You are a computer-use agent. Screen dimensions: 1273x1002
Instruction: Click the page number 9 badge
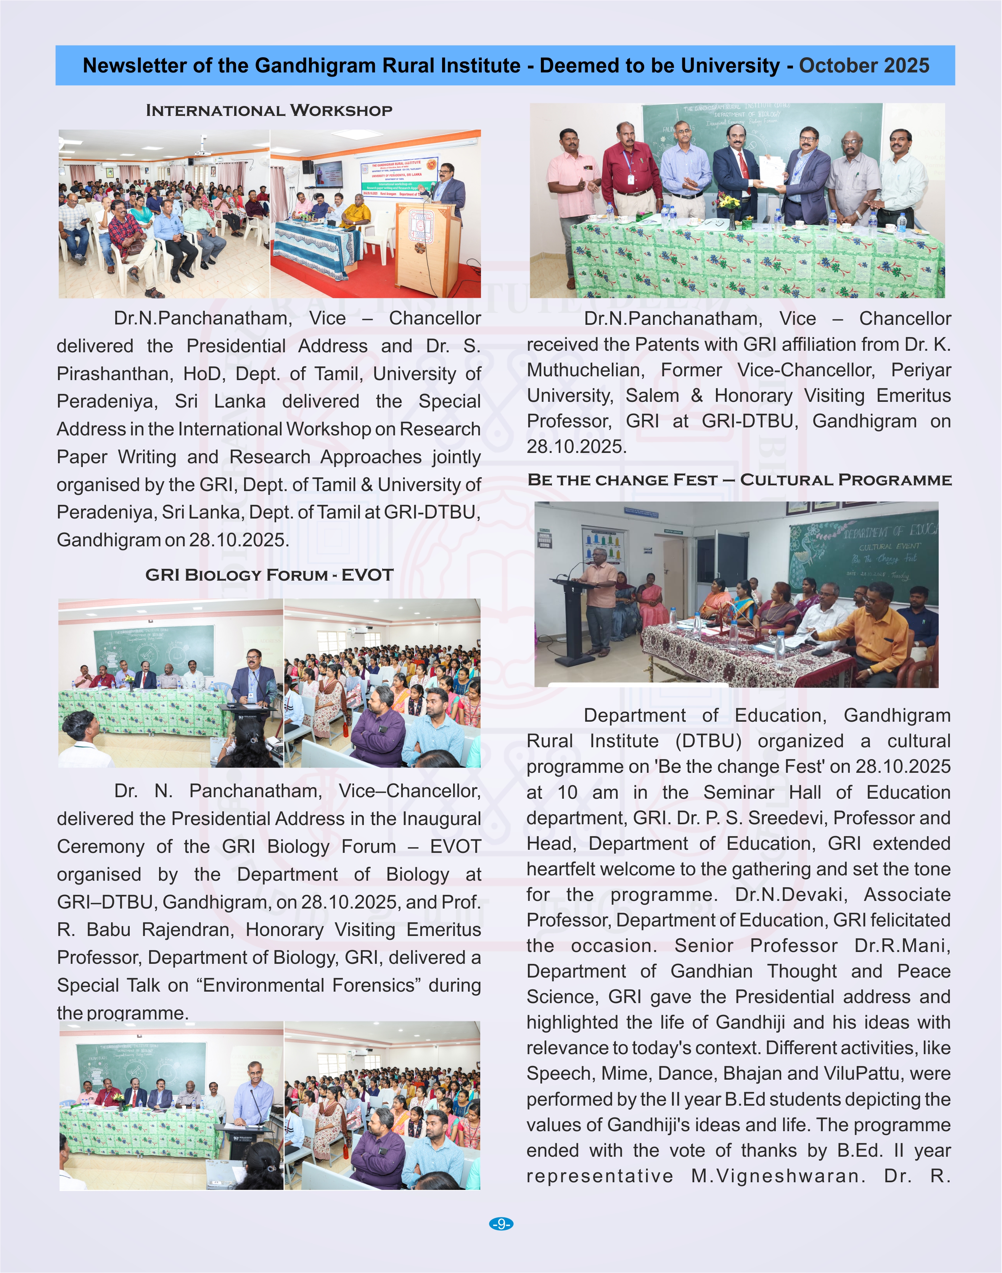pos(500,1224)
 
